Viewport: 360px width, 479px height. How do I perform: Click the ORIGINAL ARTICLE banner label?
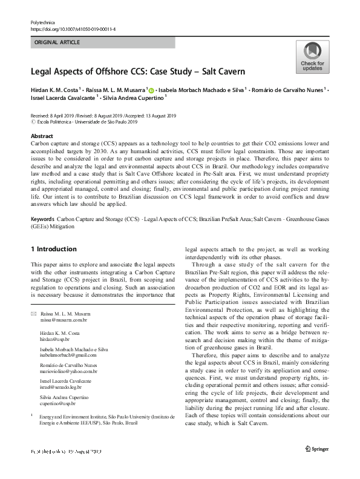tap(58, 42)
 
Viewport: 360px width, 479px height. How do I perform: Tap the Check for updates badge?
tap(312, 58)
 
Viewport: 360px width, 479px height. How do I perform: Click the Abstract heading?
tap(42, 136)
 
